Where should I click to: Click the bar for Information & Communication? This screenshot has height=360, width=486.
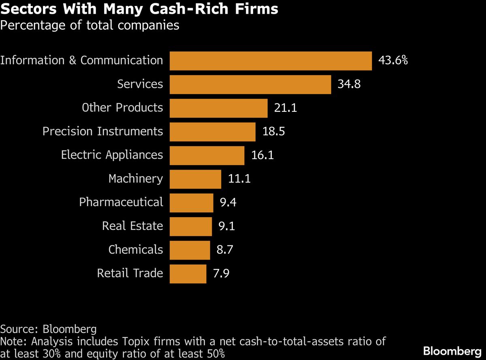click(271, 61)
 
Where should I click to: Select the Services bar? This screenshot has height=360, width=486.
click(250, 84)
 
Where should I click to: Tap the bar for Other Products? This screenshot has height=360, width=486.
click(219, 108)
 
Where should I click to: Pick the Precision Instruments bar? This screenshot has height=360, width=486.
click(213, 132)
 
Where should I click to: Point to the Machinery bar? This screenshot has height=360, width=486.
click(195, 179)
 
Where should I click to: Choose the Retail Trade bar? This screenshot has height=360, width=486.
click(188, 274)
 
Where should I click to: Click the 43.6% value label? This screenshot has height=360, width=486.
click(393, 61)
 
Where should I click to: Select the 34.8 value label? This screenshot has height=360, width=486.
click(349, 84)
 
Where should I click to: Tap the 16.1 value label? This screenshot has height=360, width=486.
click(262, 155)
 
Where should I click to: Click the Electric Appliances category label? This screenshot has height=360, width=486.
click(112, 155)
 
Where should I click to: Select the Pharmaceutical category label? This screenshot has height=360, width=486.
click(121, 202)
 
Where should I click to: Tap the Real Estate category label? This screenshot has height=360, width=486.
click(132, 226)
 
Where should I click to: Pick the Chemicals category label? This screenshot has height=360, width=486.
click(136, 250)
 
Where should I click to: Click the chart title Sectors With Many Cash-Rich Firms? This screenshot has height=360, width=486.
click(139, 9)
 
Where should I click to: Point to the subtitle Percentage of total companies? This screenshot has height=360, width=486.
click(90, 25)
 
